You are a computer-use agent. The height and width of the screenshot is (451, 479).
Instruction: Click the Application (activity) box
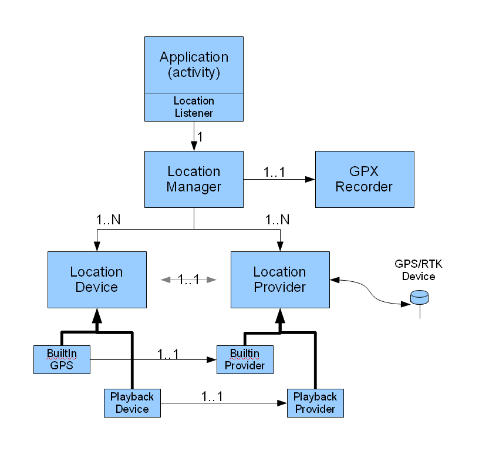[194, 65]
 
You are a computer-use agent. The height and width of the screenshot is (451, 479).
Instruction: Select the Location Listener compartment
[194, 107]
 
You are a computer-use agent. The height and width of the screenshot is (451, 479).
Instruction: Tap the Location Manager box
[194, 179]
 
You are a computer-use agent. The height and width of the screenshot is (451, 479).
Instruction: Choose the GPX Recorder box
[365, 179]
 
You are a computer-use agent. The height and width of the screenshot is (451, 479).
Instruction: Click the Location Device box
[97, 280]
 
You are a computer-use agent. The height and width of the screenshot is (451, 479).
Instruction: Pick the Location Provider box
[279, 280]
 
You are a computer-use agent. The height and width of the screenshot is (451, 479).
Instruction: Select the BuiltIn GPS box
[62, 359]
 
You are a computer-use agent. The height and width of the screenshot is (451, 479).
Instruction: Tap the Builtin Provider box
[245, 359]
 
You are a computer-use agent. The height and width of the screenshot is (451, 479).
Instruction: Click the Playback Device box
[132, 403]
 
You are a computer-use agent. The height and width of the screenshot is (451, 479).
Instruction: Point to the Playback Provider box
[315, 403]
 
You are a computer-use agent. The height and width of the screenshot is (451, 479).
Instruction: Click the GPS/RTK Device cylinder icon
[420, 298]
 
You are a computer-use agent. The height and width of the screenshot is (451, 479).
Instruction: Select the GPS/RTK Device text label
[419, 270]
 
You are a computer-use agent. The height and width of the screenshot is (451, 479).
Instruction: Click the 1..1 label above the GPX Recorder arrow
[274, 173]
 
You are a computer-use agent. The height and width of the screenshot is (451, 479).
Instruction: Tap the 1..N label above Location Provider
[277, 220]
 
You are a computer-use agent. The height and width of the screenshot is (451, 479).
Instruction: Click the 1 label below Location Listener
[200, 136]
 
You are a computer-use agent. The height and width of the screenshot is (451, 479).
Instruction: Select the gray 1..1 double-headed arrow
[188, 280]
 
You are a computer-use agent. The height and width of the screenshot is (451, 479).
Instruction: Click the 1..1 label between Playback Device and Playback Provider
[212, 396]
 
